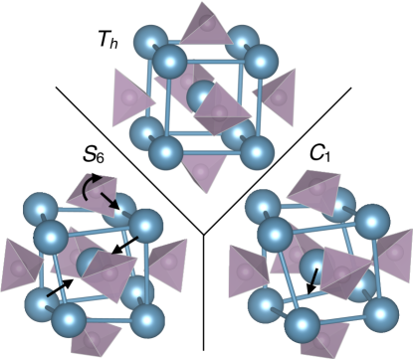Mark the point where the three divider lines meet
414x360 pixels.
pyautogui.click(x=204, y=235)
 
